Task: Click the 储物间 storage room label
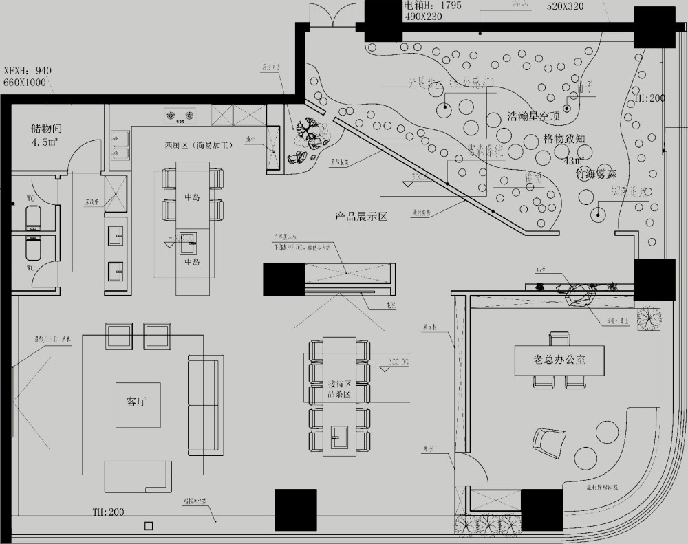[45, 129]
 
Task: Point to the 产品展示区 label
[361, 217]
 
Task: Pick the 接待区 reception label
[339, 383]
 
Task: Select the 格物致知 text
[563, 138]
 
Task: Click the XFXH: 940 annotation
[28, 71]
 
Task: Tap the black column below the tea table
[296, 509]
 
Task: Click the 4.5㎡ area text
[44, 143]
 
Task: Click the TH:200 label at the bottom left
[109, 512]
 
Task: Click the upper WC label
[31, 199]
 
